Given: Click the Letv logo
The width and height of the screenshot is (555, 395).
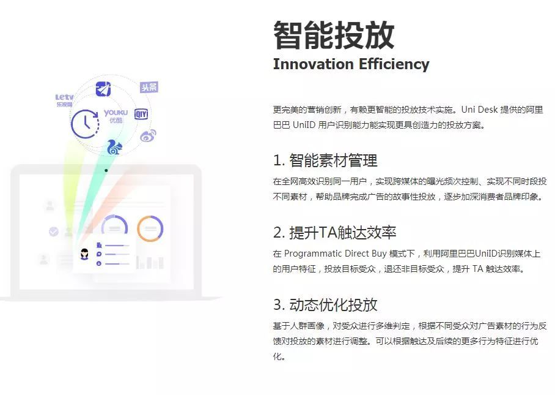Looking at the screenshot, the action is tap(64, 100).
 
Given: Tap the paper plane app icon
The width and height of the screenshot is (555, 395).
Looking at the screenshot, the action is tap(103, 89).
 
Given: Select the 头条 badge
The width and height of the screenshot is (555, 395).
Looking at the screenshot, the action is tap(149, 87).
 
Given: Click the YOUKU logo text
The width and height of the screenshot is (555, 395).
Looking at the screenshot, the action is tap(116, 113).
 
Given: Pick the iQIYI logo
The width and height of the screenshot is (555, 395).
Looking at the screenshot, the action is tap(141, 114).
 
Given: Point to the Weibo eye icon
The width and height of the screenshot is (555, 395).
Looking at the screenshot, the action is tap(147, 135).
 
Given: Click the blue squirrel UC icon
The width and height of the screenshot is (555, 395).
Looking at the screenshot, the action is tap(114, 147).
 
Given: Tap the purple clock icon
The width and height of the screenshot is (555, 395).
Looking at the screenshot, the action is tap(85, 123).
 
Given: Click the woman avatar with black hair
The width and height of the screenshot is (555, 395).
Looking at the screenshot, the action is tap(84, 254).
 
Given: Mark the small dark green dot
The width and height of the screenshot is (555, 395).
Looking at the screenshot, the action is tap(106, 170).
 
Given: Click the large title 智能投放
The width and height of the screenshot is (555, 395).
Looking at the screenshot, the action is tap(334, 35).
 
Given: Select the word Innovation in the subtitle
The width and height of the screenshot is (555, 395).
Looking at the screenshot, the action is tap(313, 64).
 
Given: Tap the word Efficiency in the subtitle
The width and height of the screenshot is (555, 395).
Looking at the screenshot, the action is tap(394, 64).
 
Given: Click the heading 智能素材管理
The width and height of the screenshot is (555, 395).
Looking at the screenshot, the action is tap(333, 160).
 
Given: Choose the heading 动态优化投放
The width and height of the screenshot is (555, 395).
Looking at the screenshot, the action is tap(333, 305).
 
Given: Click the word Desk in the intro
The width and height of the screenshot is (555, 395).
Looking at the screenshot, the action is tap(488, 110).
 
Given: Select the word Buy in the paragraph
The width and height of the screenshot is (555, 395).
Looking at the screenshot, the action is tap(379, 254).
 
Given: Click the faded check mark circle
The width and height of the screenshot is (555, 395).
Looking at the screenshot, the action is tap(53, 231).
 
